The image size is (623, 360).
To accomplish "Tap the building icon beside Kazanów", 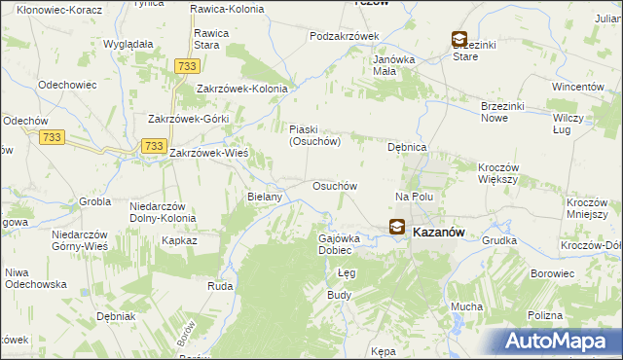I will pyautogui.click(x=397, y=228).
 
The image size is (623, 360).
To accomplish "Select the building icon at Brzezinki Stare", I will pyautogui.click(x=459, y=39).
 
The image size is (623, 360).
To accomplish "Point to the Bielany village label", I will pyautogui.click(x=265, y=197).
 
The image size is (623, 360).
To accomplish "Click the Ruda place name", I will pyautogui.click(x=219, y=286).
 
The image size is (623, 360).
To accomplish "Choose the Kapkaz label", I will pyautogui.click(x=180, y=239).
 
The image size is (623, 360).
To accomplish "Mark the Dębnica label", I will pyautogui.click(x=408, y=147).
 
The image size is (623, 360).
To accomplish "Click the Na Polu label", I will pyautogui.click(x=413, y=197).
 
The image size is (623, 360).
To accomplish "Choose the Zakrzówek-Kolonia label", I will pyautogui.click(x=242, y=89).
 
